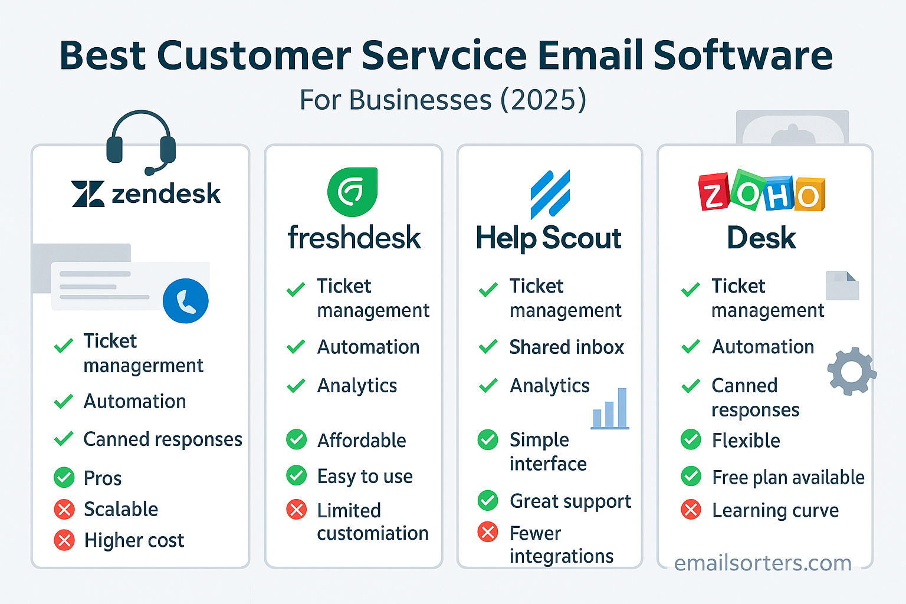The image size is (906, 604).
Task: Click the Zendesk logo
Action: (x=146, y=193)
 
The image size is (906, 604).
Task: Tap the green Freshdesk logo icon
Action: (x=352, y=192)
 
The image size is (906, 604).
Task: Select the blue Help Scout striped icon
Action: (x=550, y=194)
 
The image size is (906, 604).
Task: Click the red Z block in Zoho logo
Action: (x=714, y=192)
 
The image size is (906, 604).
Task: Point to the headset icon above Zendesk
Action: (x=141, y=142)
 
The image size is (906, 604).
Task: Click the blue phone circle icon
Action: (x=186, y=301)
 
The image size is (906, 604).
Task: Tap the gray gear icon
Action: (x=852, y=371)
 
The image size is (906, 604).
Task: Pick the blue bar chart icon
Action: (x=610, y=409)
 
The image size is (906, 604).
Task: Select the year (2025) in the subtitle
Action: (x=543, y=100)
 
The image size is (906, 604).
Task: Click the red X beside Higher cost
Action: (x=64, y=540)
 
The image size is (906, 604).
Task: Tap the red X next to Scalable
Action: (x=64, y=510)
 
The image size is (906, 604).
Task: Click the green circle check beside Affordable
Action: (x=297, y=440)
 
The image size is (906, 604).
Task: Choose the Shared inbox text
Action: (x=567, y=347)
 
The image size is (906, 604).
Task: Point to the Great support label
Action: (x=570, y=501)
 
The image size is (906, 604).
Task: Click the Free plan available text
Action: (x=788, y=477)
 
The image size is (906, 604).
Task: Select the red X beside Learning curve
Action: (x=691, y=510)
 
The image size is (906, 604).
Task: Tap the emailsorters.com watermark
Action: (x=763, y=563)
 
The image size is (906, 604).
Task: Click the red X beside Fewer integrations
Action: (x=488, y=532)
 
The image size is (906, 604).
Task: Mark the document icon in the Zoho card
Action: (x=842, y=285)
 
